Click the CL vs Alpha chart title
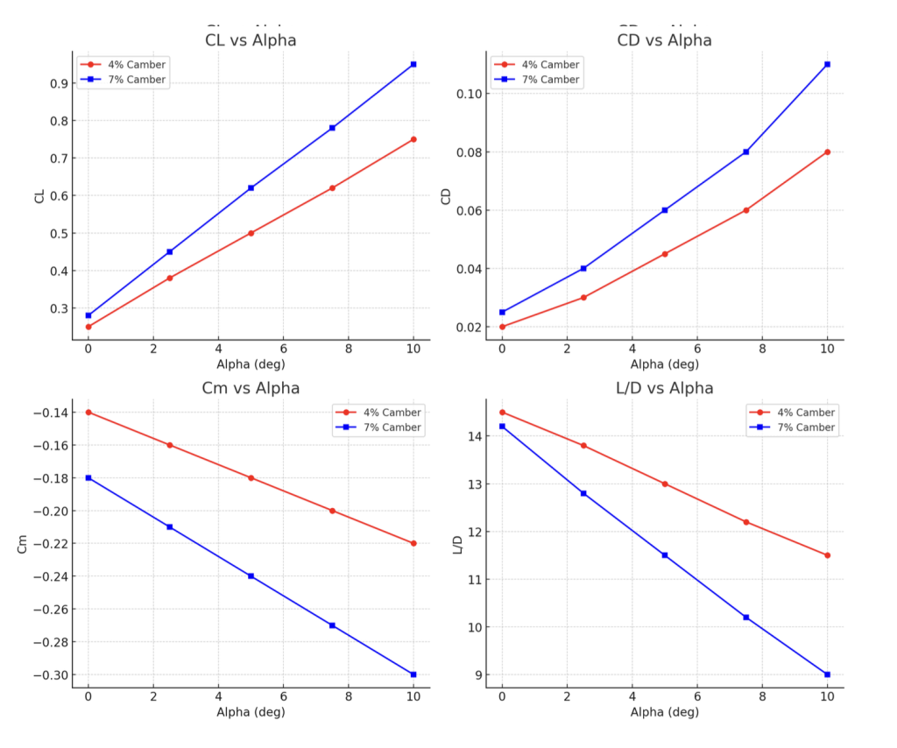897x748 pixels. [x=250, y=40]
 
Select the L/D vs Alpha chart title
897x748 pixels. [x=664, y=388]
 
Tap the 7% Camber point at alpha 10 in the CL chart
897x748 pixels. [x=413, y=64]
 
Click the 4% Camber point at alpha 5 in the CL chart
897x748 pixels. [x=251, y=233]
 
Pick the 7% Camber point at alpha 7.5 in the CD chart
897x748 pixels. [x=745, y=152]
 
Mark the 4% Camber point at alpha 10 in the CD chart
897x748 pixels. [x=827, y=152]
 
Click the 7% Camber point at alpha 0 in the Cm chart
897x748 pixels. [x=88, y=477]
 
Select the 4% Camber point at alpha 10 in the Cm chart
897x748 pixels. [x=413, y=543]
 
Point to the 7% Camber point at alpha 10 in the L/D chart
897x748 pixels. [x=827, y=674]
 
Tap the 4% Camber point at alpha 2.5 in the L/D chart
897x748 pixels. [x=583, y=445]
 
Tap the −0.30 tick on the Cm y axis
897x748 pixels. [x=48, y=675]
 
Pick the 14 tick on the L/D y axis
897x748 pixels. [x=473, y=436]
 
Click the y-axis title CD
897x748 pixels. [x=446, y=196]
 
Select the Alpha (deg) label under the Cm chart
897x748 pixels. [x=251, y=712]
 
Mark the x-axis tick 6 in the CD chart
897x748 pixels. [x=697, y=349]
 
